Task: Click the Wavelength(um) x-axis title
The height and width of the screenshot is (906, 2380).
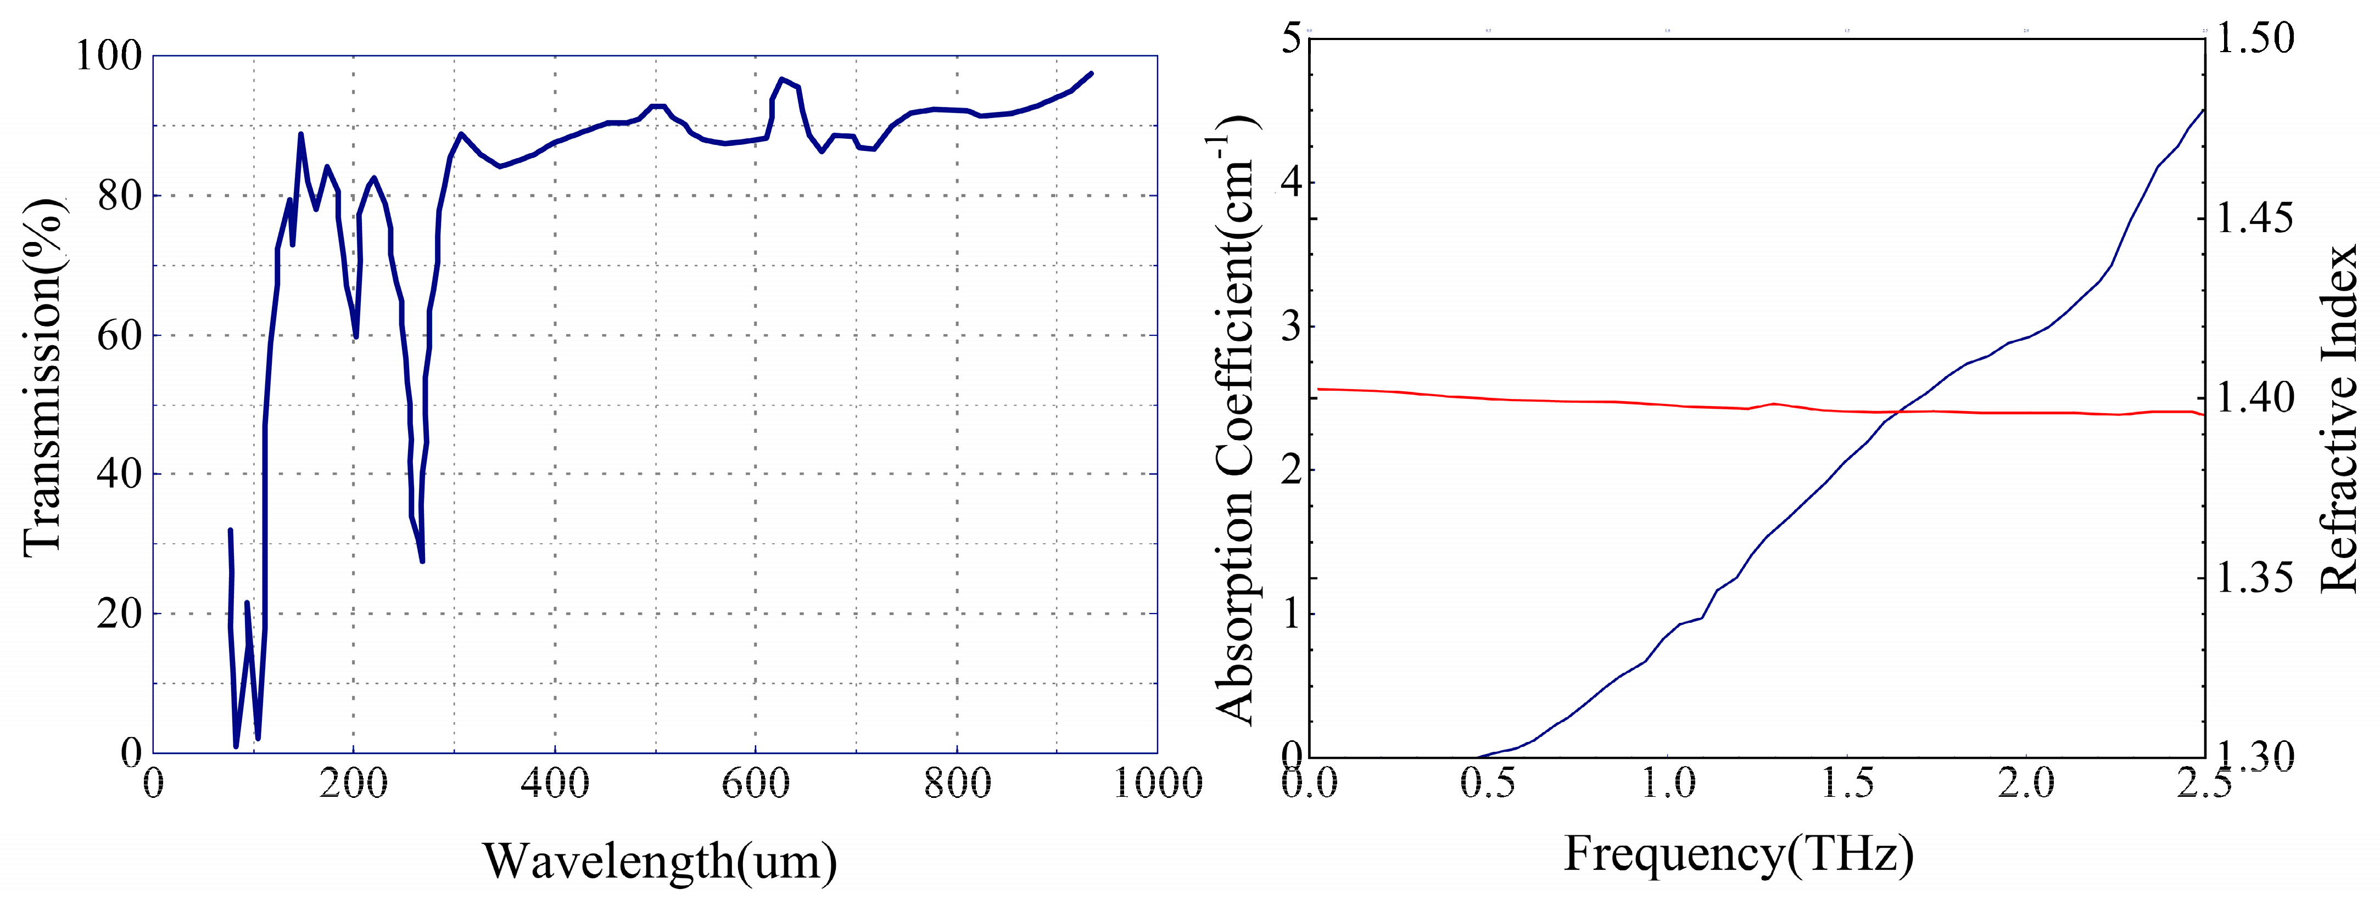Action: [x=660, y=861]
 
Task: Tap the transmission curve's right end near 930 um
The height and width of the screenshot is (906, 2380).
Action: [x=1091, y=73]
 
